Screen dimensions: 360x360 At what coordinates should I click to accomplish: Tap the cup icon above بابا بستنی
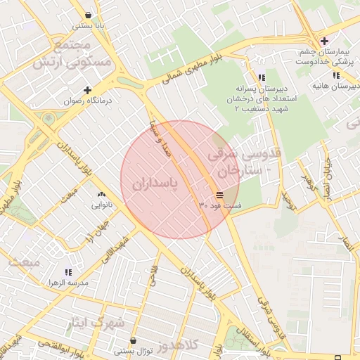click(88, 15)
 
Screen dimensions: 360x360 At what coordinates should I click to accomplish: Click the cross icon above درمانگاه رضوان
click(87, 90)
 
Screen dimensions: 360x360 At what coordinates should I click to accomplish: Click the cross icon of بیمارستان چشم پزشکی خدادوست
click(323, 41)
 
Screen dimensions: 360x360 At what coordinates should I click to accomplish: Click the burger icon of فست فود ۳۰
click(220, 195)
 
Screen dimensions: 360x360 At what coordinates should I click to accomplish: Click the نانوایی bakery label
click(101, 206)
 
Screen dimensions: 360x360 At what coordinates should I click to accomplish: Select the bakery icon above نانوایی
click(101, 195)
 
